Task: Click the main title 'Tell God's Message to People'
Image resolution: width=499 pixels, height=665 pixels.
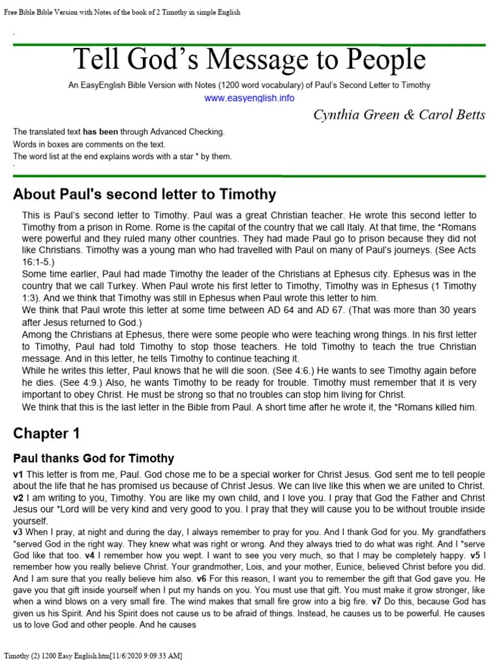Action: pos(249,60)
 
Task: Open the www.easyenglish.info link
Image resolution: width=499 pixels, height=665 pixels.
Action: pos(249,98)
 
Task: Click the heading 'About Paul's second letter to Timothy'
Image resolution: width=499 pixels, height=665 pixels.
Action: pos(144,194)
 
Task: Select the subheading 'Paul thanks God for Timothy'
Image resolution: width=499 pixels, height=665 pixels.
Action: pos(94,458)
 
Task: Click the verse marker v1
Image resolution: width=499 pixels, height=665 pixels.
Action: pos(18,474)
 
